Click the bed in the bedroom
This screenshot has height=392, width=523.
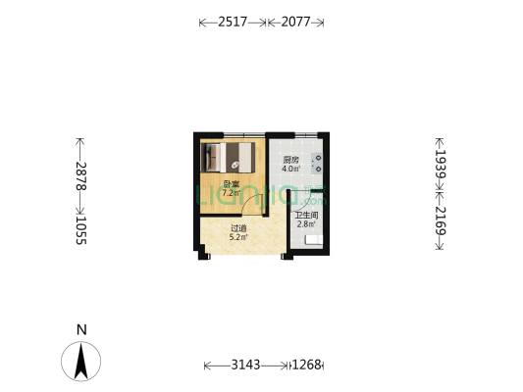coord(229,157)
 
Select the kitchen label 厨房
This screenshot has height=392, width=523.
coord(290,160)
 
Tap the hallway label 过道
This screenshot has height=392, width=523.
coord(237,228)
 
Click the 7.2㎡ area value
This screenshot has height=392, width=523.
coord(231,193)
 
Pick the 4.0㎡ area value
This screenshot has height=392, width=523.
coord(290,169)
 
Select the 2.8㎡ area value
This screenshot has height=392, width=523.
coord(305,224)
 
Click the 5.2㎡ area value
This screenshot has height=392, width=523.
coord(237,237)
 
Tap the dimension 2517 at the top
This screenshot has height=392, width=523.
coord(233,22)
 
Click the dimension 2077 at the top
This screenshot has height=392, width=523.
coord(295,22)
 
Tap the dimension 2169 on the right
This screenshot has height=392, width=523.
coord(441,220)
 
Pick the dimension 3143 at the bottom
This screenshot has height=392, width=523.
coord(246,366)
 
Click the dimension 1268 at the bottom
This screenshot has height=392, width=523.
coord(307,366)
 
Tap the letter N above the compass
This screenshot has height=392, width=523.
coord(82,329)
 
